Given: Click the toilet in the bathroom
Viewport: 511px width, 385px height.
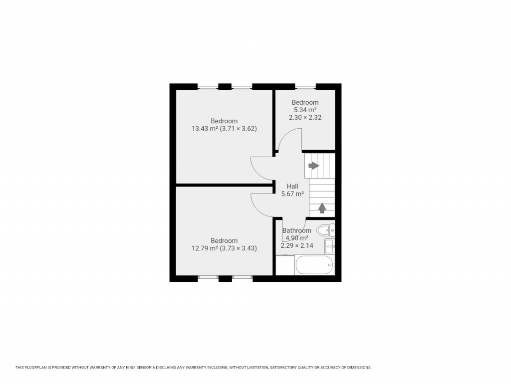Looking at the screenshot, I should click(x=325, y=230).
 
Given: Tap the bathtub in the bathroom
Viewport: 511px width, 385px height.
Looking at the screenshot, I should click(x=314, y=265).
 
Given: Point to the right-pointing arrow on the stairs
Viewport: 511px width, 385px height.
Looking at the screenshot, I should click(x=313, y=166).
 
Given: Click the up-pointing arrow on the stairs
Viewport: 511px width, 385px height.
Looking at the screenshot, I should click(x=322, y=207).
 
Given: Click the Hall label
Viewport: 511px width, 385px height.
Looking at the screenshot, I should click(x=292, y=186).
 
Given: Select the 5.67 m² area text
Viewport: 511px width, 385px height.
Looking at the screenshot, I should click(x=292, y=194).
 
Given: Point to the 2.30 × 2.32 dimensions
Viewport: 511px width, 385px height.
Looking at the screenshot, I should click(x=305, y=118).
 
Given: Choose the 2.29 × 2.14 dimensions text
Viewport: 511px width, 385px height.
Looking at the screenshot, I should click(x=296, y=245).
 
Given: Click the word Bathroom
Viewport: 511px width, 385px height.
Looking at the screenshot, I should click(x=296, y=230).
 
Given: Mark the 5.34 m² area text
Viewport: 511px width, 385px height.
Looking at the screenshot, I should click(x=305, y=110).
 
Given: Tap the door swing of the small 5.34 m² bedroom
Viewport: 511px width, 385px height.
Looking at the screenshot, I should click(x=290, y=140).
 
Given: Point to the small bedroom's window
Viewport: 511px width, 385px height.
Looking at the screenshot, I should click(x=305, y=87).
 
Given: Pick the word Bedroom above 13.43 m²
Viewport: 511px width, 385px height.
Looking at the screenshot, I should click(x=224, y=121).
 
